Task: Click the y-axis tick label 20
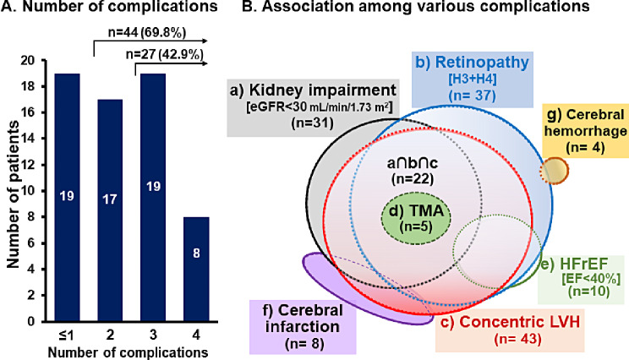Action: pyautogui.click(x=29, y=61)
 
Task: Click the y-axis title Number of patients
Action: pyautogui.click(x=10, y=191)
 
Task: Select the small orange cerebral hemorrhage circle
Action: pyautogui.click(x=554, y=172)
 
